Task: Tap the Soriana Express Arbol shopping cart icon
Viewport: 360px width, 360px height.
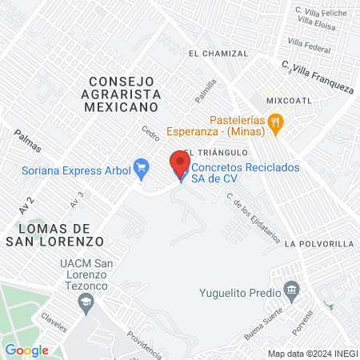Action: click(x=142, y=167)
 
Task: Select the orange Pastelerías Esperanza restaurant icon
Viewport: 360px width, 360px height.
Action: click(x=277, y=122)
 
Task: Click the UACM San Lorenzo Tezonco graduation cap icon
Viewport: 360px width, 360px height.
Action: click(x=85, y=302)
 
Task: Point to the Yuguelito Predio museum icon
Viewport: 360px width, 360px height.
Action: click(x=292, y=288)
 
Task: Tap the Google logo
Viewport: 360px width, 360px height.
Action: click(x=26, y=350)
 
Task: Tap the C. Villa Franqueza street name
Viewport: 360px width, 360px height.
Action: click(x=317, y=79)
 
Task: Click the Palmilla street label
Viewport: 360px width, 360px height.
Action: click(x=206, y=91)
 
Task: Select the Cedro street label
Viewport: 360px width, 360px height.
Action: click(x=150, y=132)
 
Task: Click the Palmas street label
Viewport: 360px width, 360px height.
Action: click(x=26, y=141)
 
